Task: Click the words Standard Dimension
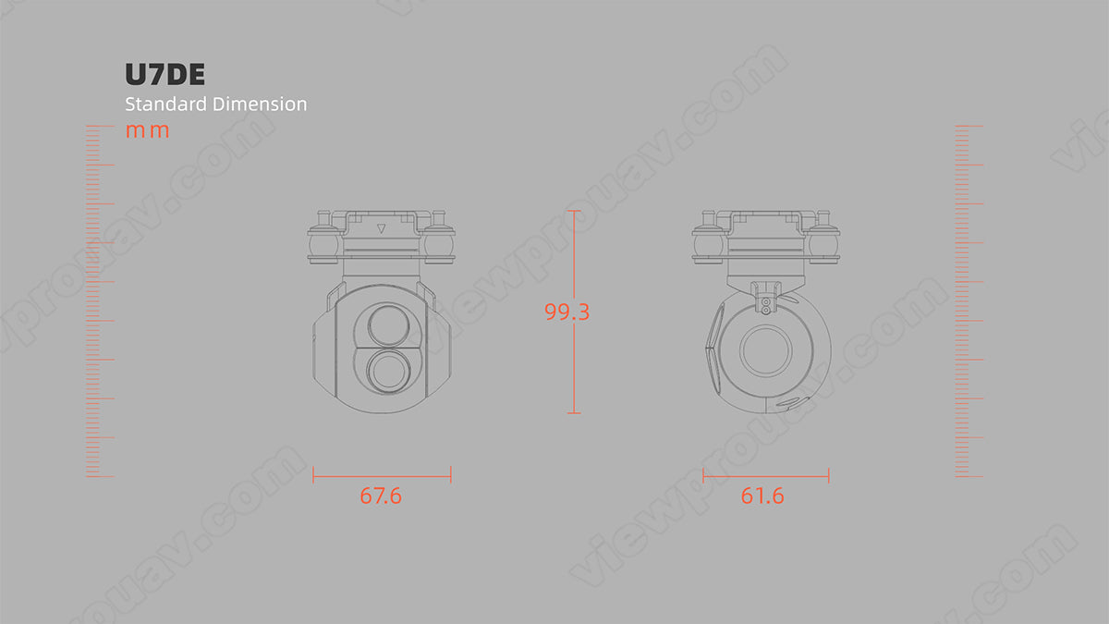(215, 104)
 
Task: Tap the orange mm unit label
(147, 130)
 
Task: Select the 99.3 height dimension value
(567, 312)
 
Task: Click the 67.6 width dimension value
(381, 496)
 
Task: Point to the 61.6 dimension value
(762, 496)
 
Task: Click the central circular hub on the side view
(766, 351)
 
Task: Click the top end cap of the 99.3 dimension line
(574, 212)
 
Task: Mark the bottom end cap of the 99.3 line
(574, 412)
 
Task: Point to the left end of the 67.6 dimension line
(314, 475)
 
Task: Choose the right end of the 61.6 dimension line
(828, 476)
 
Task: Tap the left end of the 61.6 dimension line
(704, 476)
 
